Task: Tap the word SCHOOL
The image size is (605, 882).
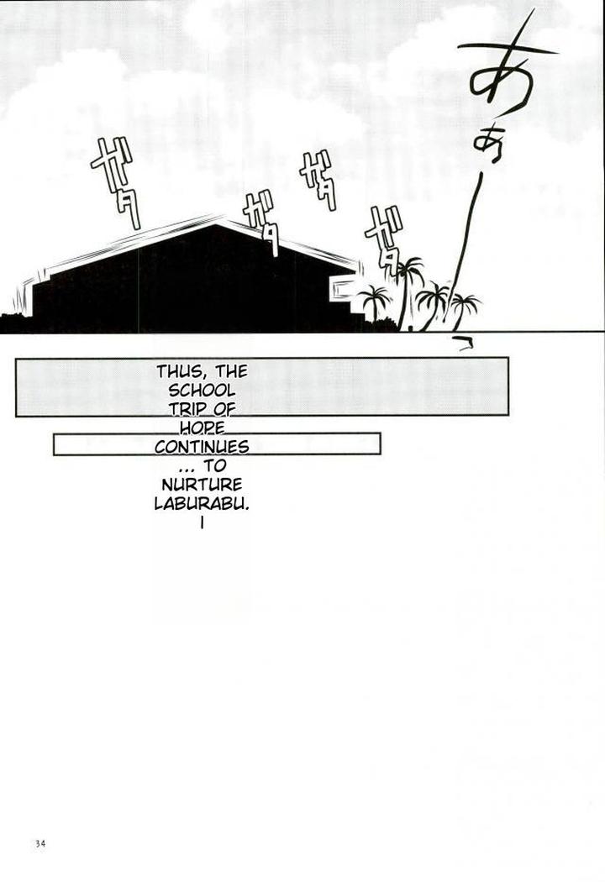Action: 203,391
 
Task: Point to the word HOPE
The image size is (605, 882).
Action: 203,428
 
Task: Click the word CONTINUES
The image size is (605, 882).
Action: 203,445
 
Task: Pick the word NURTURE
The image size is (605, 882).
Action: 203,485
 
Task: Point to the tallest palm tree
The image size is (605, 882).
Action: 408,290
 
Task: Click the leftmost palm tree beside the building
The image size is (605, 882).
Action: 372,302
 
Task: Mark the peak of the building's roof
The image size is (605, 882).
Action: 220,223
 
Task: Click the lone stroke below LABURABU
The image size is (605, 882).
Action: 203,523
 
